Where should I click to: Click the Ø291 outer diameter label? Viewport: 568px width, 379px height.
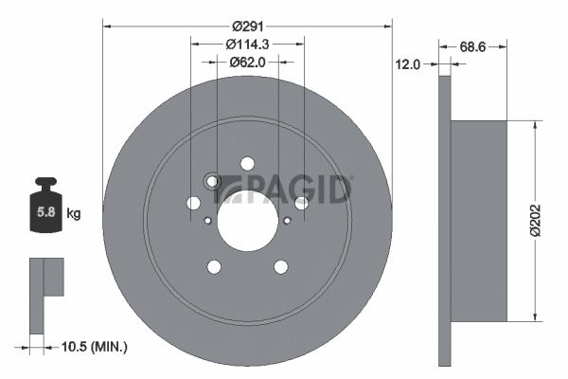[x=248, y=27]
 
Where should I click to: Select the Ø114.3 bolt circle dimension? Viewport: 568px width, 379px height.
[x=247, y=45]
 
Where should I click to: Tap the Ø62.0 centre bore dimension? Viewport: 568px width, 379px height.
[x=247, y=63]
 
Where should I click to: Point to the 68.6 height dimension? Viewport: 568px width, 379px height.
[x=472, y=46]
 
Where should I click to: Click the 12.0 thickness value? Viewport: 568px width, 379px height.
[x=407, y=64]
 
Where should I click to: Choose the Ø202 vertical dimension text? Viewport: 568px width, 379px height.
[x=536, y=221]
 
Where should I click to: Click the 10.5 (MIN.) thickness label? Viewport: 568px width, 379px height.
[x=94, y=347]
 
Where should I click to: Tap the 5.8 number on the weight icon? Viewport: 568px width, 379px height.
[x=46, y=212]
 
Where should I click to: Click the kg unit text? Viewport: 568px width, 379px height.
[x=74, y=213]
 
